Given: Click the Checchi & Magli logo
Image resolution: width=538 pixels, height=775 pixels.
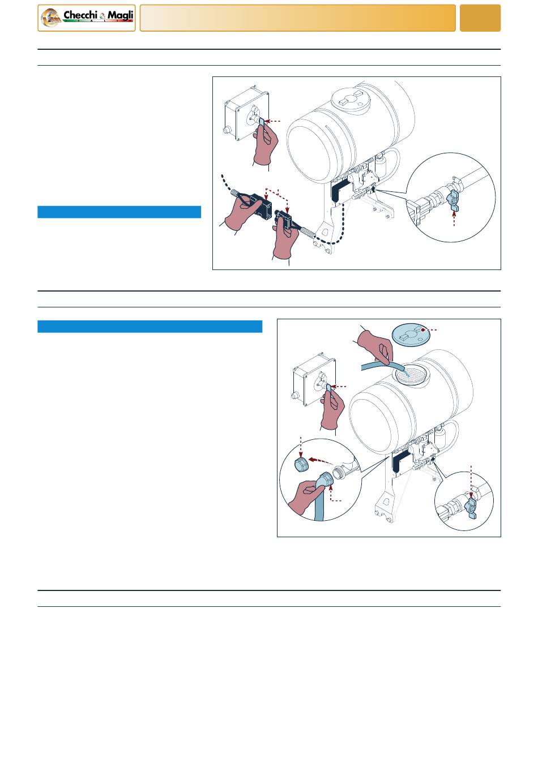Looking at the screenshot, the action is pyautogui.click(x=87, y=18).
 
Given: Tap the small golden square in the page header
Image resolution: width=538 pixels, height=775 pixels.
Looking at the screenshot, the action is pyautogui.click(x=480, y=18).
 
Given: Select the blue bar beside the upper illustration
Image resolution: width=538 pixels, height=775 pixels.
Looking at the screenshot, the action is pyautogui.click(x=119, y=212).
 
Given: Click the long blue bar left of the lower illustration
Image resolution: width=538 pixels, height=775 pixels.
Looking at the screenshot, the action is pyautogui.click(x=150, y=326).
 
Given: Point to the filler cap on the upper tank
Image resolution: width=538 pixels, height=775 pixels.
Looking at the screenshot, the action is pyautogui.click(x=351, y=99).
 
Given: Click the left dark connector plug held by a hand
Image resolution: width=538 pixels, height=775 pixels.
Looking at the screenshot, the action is pyautogui.click(x=261, y=206).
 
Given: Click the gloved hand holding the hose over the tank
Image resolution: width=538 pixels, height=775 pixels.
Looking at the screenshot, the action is pyautogui.click(x=375, y=346).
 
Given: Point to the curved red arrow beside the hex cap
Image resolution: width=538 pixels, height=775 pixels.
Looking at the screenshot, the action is pyautogui.click(x=321, y=460).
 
